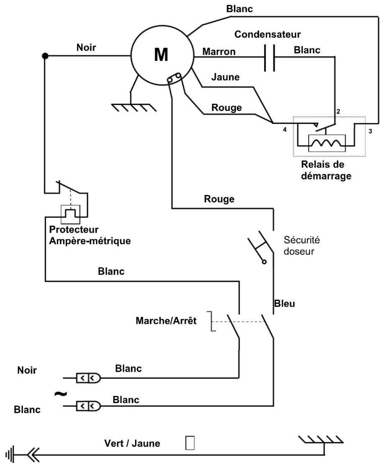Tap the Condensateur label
[x=267, y=34]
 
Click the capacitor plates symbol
[x=269, y=58]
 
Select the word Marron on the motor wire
[x=219, y=52]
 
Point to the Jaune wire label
[x=225, y=77]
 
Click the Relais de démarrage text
[x=326, y=170]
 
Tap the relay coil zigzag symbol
[x=327, y=143]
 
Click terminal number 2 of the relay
[x=338, y=111]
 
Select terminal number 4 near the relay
[x=285, y=129]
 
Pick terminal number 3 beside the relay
[x=370, y=131]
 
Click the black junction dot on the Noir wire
[x=45, y=56]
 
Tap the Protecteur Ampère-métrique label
[x=90, y=235]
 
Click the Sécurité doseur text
[x=302, y=246]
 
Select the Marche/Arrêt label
[x=166, y=321]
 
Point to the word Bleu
[x=285, y=304]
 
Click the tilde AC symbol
[x=61, y=394]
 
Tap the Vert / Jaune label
[x=132, y=443]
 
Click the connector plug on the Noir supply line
[x=88, y=378]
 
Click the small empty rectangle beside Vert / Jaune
[x=190, y=443]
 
